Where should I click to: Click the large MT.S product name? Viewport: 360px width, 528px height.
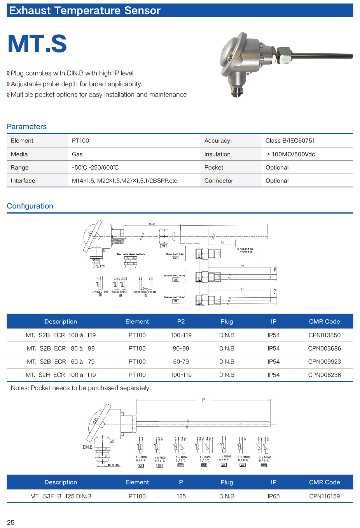coord(37,44)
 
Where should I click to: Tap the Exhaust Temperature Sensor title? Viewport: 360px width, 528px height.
coord(85,11)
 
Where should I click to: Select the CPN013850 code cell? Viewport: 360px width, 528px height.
coord(324,335)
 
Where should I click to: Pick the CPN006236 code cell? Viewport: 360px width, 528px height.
coord(324,375)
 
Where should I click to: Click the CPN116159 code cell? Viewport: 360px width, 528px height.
coord(324,496)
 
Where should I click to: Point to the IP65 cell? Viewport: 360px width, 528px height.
coord(273,496)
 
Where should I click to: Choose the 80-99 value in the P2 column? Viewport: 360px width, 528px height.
coord(181,348)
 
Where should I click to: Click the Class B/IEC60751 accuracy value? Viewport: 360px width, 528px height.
coord(290,140)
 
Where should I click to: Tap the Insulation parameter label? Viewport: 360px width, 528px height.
coord(217,154)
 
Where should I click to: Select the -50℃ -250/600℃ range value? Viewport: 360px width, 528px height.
coord(95,167)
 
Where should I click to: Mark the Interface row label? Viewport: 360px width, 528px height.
coord(23,181)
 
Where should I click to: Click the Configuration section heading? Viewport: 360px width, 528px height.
coord(30,206)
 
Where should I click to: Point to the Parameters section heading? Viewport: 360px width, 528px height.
coord(26,126)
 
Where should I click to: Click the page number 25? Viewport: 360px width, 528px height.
coord(11,522)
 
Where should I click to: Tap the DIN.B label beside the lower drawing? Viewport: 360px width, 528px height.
coord(87,447)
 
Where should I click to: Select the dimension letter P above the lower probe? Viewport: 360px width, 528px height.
coord(203,400)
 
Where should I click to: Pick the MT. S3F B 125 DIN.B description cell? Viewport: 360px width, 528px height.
coord(61,496)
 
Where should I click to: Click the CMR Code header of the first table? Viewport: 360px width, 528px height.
coord(324,321)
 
